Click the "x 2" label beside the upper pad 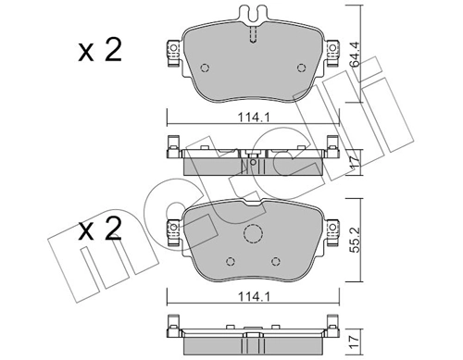tap(99, 52)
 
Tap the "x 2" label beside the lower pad tap(99, 228)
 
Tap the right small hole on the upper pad tap(298, 67)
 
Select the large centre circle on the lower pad tap(254, 234)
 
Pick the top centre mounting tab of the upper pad tap(253, 16)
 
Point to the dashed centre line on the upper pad tap(253, 34)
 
